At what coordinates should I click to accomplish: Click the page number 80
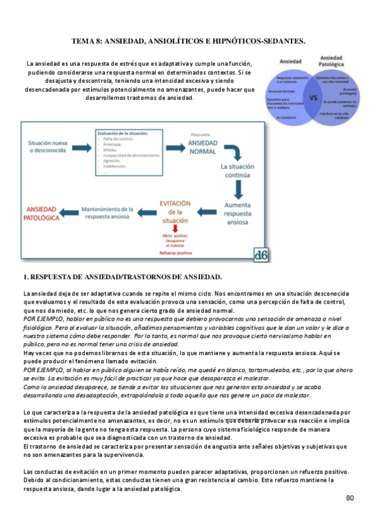tap(350, 498)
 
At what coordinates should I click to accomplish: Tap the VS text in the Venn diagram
tap(314, 98)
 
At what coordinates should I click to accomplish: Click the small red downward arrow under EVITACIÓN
tap(175, 229)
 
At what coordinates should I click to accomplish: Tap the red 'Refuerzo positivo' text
tap(175, 252)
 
